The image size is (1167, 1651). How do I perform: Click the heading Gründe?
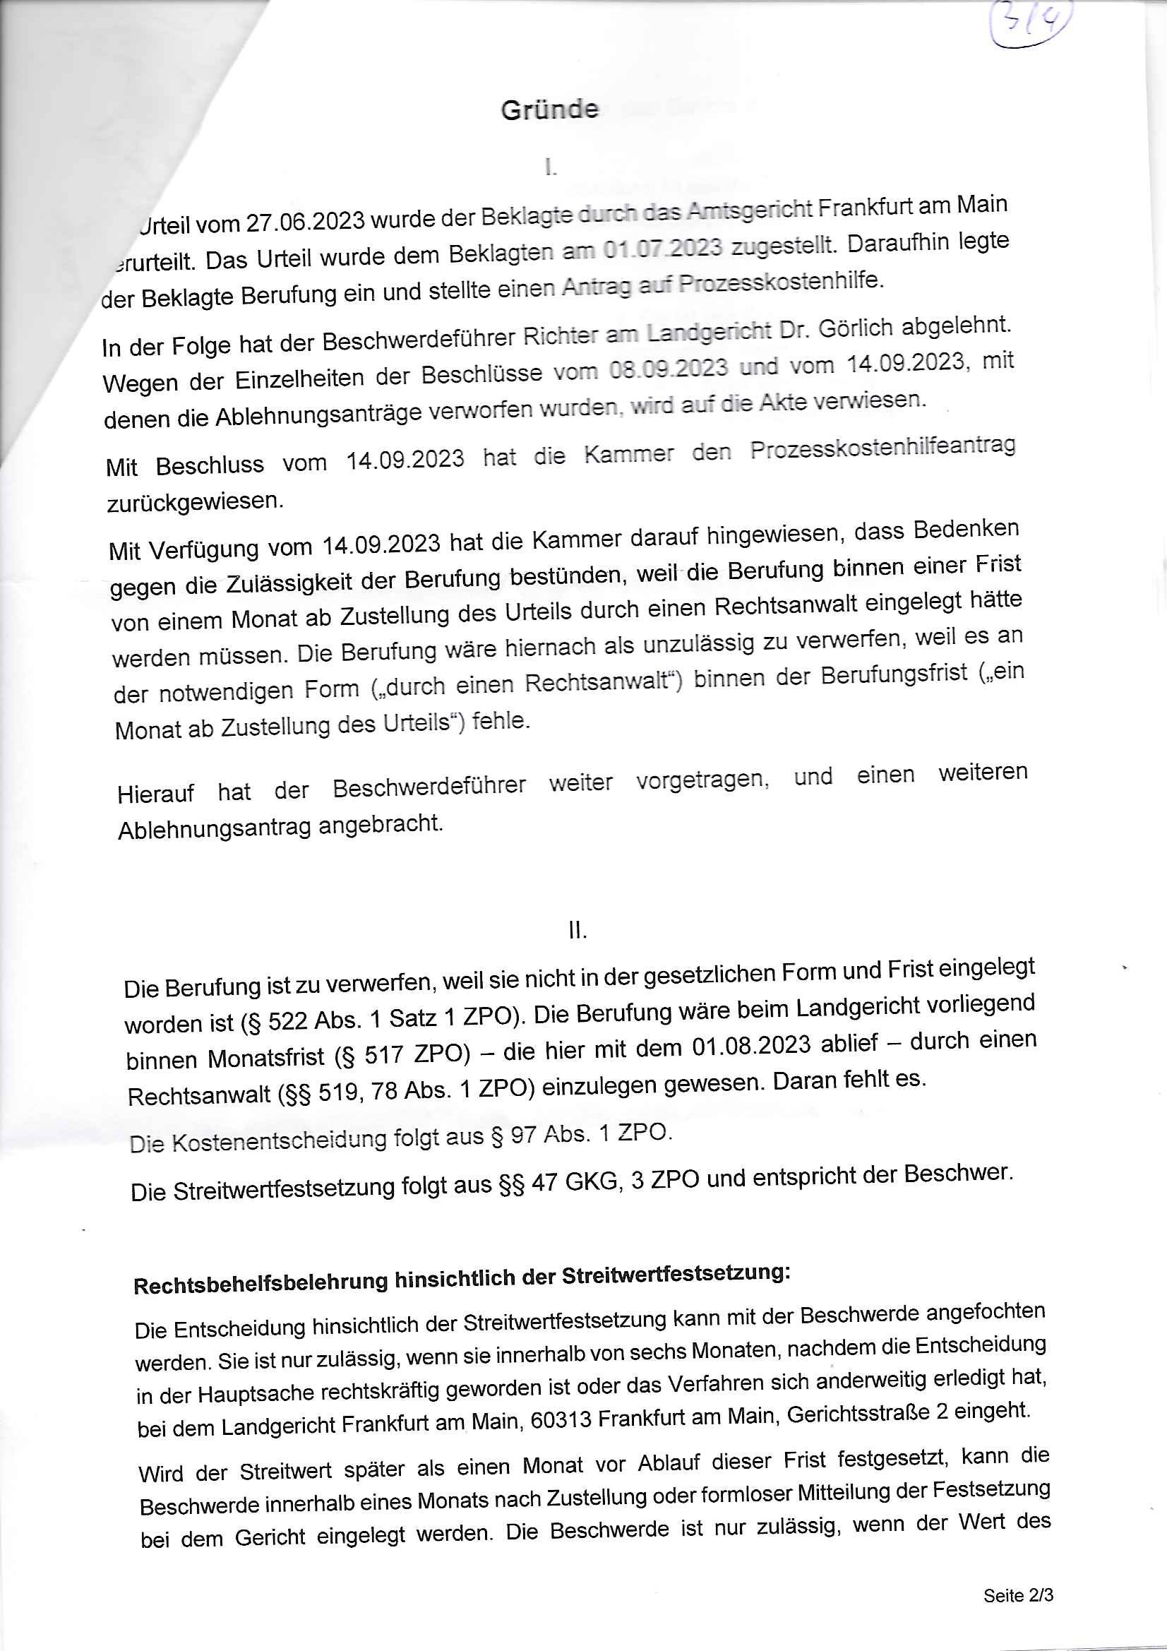[x=549, y=110]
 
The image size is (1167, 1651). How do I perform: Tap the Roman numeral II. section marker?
[x=577, y=931]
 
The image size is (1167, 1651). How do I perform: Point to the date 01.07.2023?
[x=662, y=248]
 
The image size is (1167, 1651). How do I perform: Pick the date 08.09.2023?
[x=668, y=370]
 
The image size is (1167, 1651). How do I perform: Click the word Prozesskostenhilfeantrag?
[x=882, y=448]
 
